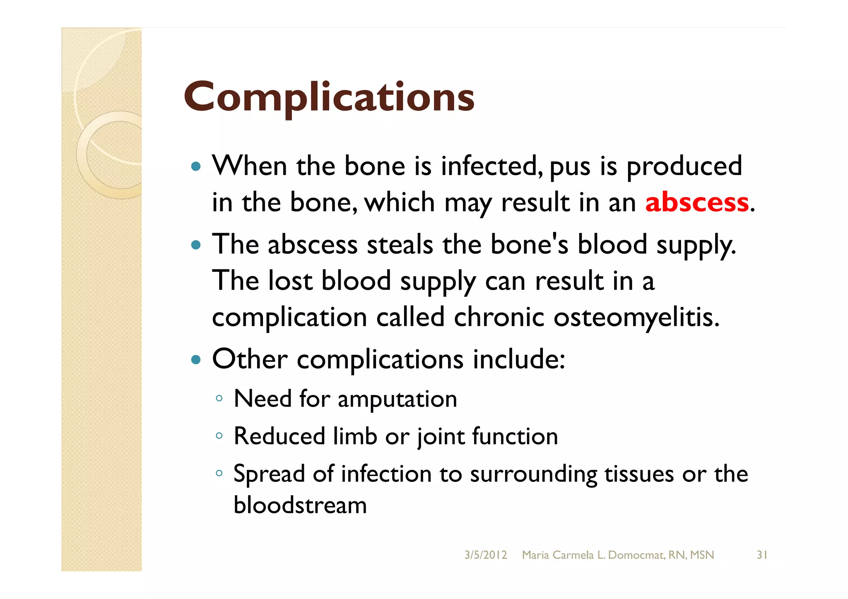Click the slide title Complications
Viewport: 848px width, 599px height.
pyautogui.click(x=329, y=97)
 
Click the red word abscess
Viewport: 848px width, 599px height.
pyautogui.click(x=697, y=203)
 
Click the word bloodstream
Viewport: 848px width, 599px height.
pyautogui.click(x=300, y=505)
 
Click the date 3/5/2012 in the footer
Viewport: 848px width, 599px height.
pyautogui.click(x=485, y=555)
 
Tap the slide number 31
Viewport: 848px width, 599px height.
pyautogui.click(x=762, y=555)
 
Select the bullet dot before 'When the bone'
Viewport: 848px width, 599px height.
pyautogui.click(x=196, y=167)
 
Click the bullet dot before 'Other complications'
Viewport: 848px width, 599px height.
pyautogui.click(x=196, y=360)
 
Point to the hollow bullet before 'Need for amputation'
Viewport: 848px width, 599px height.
pyautogui.click(x=219, y=399)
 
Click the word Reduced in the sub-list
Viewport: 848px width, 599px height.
pyautogui.click(x=279, y=436)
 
